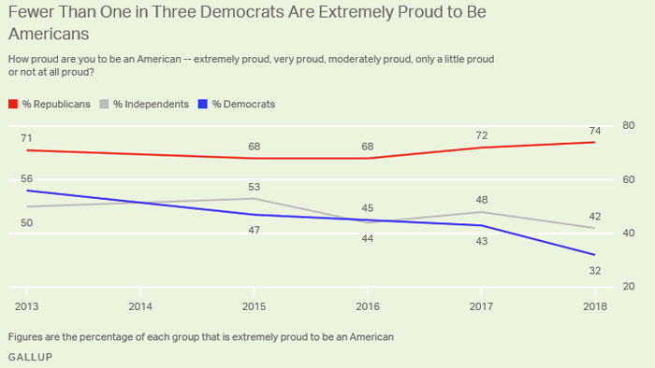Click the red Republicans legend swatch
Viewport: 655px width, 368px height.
point(13,104)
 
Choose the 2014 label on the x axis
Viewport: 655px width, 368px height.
point(140,306)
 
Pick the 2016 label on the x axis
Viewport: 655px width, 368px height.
point(368,306)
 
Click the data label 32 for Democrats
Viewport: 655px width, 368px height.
point(595,271)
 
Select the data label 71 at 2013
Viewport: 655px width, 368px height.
point(27,137)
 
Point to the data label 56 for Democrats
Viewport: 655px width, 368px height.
point(27,177)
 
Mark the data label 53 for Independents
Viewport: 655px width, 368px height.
point(255,186)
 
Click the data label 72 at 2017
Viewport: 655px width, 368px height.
point(481,134)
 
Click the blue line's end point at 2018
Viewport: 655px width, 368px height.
point(595,255)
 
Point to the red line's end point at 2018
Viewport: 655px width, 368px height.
point(595,142)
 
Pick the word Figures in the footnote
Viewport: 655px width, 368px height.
point(26,335)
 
